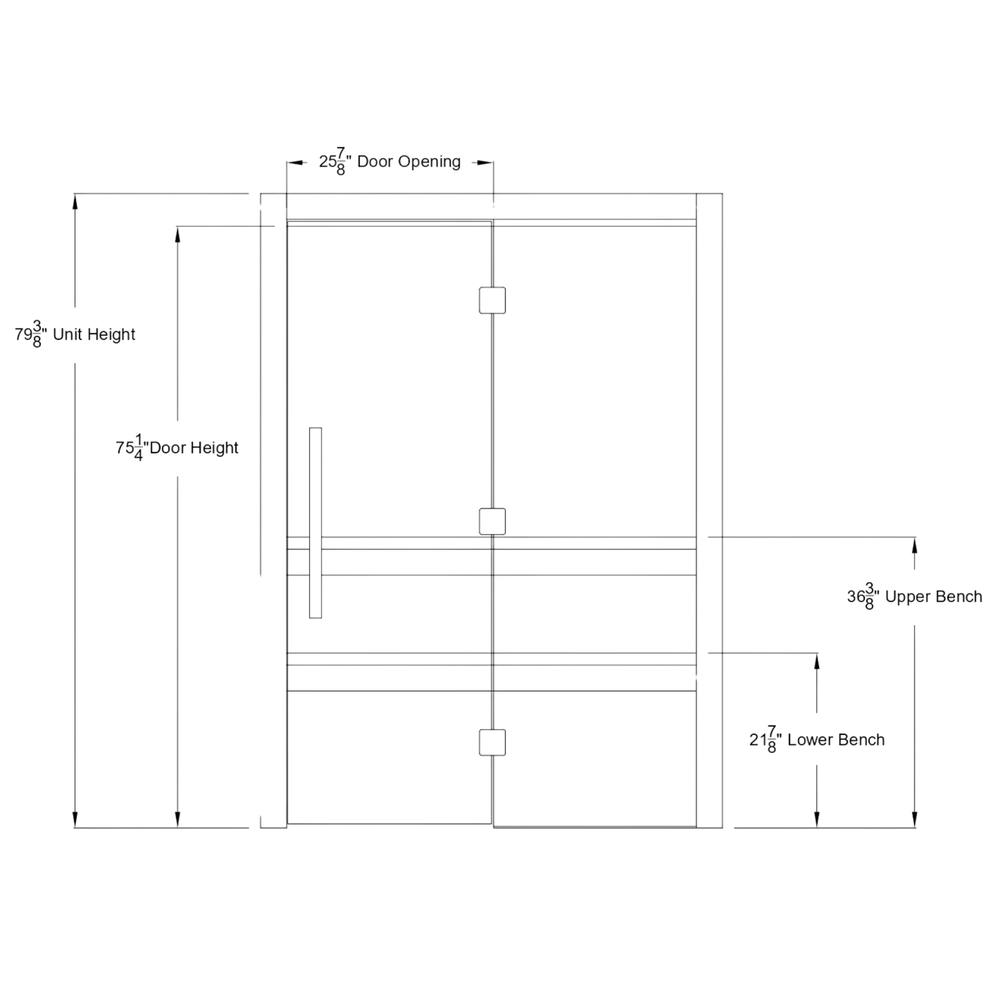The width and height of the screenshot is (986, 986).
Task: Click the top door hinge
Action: coord(492,300)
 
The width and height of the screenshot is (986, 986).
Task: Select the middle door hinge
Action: coord(492,521)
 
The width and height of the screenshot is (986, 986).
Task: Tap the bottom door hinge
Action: coord(492,742)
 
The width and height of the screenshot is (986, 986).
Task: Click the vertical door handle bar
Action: coord(315,522)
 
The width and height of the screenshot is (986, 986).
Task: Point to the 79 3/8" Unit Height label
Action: coord(75,335)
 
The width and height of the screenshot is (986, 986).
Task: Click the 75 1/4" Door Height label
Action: coord(177,448)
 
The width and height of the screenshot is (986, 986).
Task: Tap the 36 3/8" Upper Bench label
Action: coord(915,597)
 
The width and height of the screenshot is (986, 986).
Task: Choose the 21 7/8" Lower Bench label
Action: coord(817,740)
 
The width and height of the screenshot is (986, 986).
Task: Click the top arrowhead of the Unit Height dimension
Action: coord(75,202)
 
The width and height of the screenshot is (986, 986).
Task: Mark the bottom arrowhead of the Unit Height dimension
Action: coord(75,819)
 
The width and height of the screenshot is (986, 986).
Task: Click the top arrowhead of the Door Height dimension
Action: coord(178,234)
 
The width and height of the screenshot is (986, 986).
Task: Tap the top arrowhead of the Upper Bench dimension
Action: coord(915,545)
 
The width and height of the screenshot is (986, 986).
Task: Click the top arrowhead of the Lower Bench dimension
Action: coord(817,661)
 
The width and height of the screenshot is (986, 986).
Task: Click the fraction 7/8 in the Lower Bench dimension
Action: coord(772,740)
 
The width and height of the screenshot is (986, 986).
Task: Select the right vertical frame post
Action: coord(709,510)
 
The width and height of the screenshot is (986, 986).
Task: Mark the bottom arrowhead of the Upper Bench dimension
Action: coord(915,819)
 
